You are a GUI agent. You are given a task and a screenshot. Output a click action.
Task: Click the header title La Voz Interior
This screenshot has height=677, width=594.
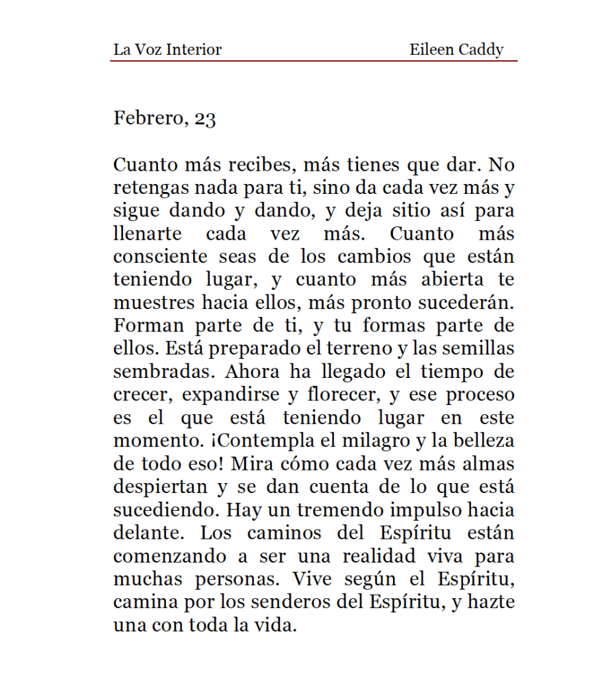167,50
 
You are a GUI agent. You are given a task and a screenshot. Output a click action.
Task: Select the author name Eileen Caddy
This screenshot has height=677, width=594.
456,50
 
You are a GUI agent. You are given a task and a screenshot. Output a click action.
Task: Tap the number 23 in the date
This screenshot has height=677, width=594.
205,119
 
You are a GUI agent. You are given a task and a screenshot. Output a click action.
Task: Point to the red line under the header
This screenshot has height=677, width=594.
314,61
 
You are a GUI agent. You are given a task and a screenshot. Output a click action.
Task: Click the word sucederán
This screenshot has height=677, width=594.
470,303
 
